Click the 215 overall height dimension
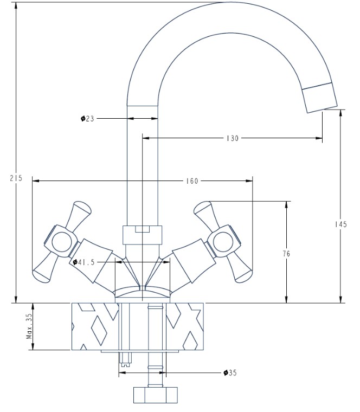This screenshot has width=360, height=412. tap(16, 178)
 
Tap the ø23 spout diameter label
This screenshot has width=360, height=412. tap(87, 119)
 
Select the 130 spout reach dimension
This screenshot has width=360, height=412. tap(233, 138)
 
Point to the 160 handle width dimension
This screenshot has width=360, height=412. tap(192, 181)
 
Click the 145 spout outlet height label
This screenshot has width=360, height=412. tap(341, 224)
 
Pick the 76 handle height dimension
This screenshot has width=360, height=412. tap(286, 254)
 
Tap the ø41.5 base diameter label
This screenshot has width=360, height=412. tap(83, 262)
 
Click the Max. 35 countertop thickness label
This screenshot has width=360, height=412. tap(29, 326)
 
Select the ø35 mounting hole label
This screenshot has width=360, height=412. tap(230, 372)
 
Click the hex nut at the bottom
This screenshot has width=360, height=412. tap(156, 395)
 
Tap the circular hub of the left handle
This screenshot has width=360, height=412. tap(61, 242)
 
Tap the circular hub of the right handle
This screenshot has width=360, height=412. tap(223, 242)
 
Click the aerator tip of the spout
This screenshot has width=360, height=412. tap(319, 98)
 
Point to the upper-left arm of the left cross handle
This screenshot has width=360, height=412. tap(79, 215)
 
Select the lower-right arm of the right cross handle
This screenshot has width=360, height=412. tap(240, 268)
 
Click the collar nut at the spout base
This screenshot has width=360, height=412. tap(143, 235)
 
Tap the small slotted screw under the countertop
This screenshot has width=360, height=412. tap(125, 359)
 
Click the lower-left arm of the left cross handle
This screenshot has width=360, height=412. tap(44, 268)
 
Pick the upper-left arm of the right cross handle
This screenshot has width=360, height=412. tap(205, 215)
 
